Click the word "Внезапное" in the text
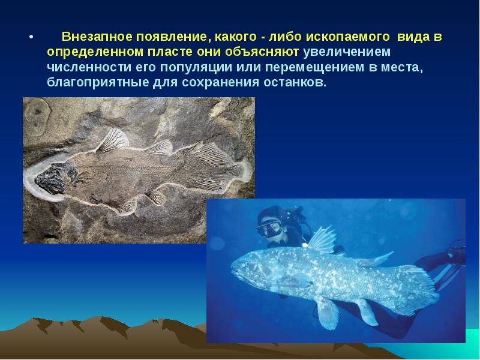tap(95, 37)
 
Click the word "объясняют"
tap(268, 52)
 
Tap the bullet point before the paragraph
tap(32, 37)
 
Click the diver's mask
tap(269, 228)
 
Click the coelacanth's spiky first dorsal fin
tap(321, 238)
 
